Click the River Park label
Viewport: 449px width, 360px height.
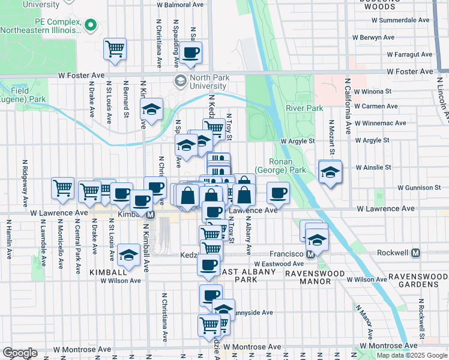click(304, 108)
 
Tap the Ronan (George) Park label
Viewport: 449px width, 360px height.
click(281, 166)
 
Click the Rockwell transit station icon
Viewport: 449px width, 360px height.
click(416, 253)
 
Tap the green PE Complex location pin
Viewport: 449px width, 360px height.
click(91, 25)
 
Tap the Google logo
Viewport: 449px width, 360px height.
click(20, 353)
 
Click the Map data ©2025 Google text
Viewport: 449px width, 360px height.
click(412, 355)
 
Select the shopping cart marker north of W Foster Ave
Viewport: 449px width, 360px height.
click(115, 49)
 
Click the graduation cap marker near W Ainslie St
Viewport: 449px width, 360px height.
click(330, 172)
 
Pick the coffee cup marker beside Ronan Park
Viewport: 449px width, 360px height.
click(278, 193)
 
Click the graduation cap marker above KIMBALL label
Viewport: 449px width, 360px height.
click(128, 255)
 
